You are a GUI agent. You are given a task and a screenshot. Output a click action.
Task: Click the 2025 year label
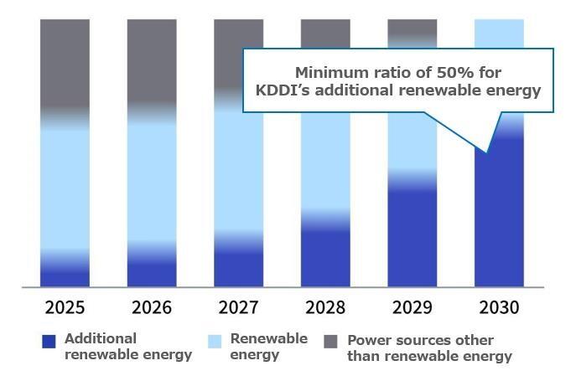pyautogui.click(x=65, y=307)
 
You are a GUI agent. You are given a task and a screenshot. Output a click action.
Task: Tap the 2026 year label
pyautogui.click(x=152, y=307)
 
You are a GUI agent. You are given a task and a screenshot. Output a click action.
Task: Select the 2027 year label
pyautogui.click(x=239, y=307)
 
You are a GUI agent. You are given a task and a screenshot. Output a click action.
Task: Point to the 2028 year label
pyautogui.click(x=325, y=307)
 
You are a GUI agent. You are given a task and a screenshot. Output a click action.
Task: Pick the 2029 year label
pyautogui.click(x=413, y=307)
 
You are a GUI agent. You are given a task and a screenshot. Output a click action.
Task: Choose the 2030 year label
pyautogui.click(x=499, y=307)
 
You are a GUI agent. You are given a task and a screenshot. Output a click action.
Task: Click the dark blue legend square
pyautogui.click(x=49, y=342)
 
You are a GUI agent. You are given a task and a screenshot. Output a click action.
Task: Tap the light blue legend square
pyautogui.click(x=215, y=342)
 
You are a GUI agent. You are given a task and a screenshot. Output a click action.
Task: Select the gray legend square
pyautogui.click(x=330, y=342)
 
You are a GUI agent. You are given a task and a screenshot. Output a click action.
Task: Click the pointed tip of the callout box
pyautogui.click(x=487, y=152)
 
